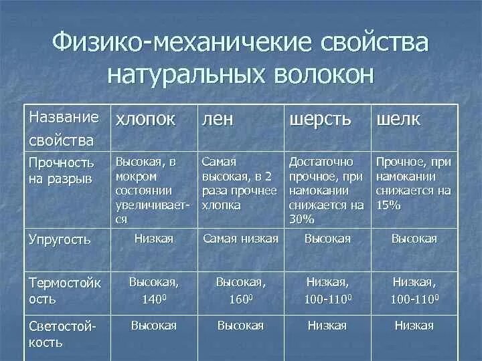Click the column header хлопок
[x=146, y=120]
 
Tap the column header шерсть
[x=319, y=120]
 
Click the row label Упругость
[x=60, y=239]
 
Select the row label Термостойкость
[x=65, y=290]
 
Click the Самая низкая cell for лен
[x=240, y=239]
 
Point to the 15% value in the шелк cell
[x=388, y=205]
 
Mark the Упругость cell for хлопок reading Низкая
[x=153, y=239]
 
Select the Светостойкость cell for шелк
[x=414, y=326]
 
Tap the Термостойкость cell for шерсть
[x=327, y=290]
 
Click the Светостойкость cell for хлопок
[x=153, y=326]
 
